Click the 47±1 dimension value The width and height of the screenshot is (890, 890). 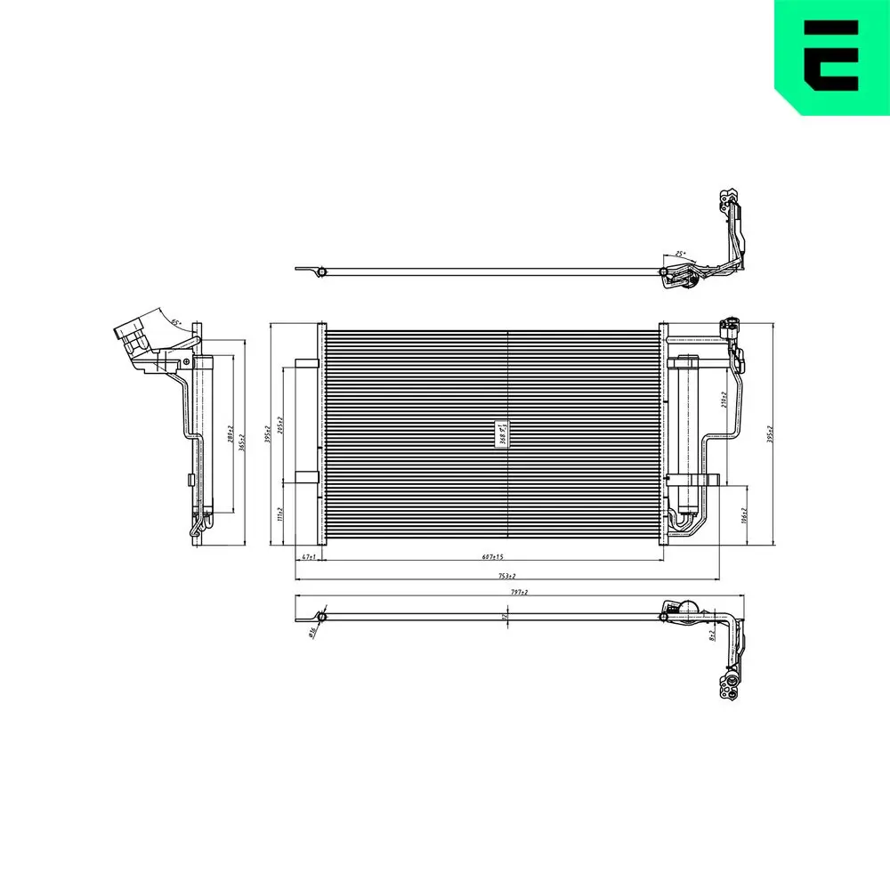point(309,557)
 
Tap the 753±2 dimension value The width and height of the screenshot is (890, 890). point(507,576)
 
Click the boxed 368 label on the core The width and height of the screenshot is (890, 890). point(502,433)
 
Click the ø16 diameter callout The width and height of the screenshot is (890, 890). point(312,633)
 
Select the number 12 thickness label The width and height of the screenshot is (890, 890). point(504,615)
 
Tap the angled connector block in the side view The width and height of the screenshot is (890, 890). point(134,336)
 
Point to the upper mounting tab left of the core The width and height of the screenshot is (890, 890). point(305,363)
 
